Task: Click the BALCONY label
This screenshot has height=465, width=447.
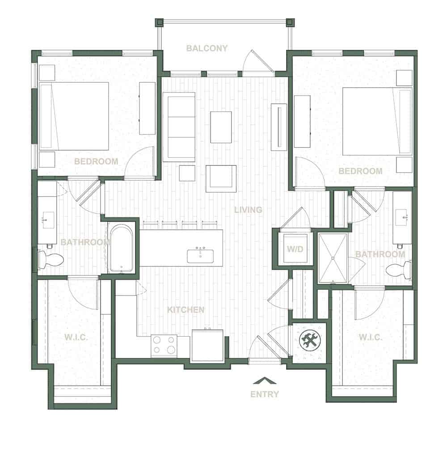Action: click(207, 48)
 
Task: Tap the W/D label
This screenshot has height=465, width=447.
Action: click(295, 249)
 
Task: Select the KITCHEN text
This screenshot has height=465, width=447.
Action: click(186, 310)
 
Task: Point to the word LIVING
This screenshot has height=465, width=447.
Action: click(248, 210)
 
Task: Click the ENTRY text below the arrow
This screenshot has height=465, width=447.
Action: click(265, 394)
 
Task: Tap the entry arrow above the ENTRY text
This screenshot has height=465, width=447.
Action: click(265, 380)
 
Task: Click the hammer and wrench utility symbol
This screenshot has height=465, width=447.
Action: click(310, 340)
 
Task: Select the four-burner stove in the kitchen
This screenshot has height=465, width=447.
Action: click(164, 346)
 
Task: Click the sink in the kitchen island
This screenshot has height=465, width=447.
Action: click(200, 256)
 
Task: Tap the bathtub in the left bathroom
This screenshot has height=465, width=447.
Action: click(122, 248)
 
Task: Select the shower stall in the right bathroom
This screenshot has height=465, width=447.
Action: click(333, 258)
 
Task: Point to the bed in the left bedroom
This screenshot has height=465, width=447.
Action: click(74, 116)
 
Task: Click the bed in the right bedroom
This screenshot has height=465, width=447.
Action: click(377, 121)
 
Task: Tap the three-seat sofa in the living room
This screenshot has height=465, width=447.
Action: click(179, 127)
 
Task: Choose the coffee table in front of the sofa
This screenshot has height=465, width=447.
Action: click(221, 127)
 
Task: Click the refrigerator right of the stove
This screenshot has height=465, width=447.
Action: click(207, 346)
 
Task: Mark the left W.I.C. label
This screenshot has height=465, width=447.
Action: click(76, 337)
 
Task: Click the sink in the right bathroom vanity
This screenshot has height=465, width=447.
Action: click(401, 218)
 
